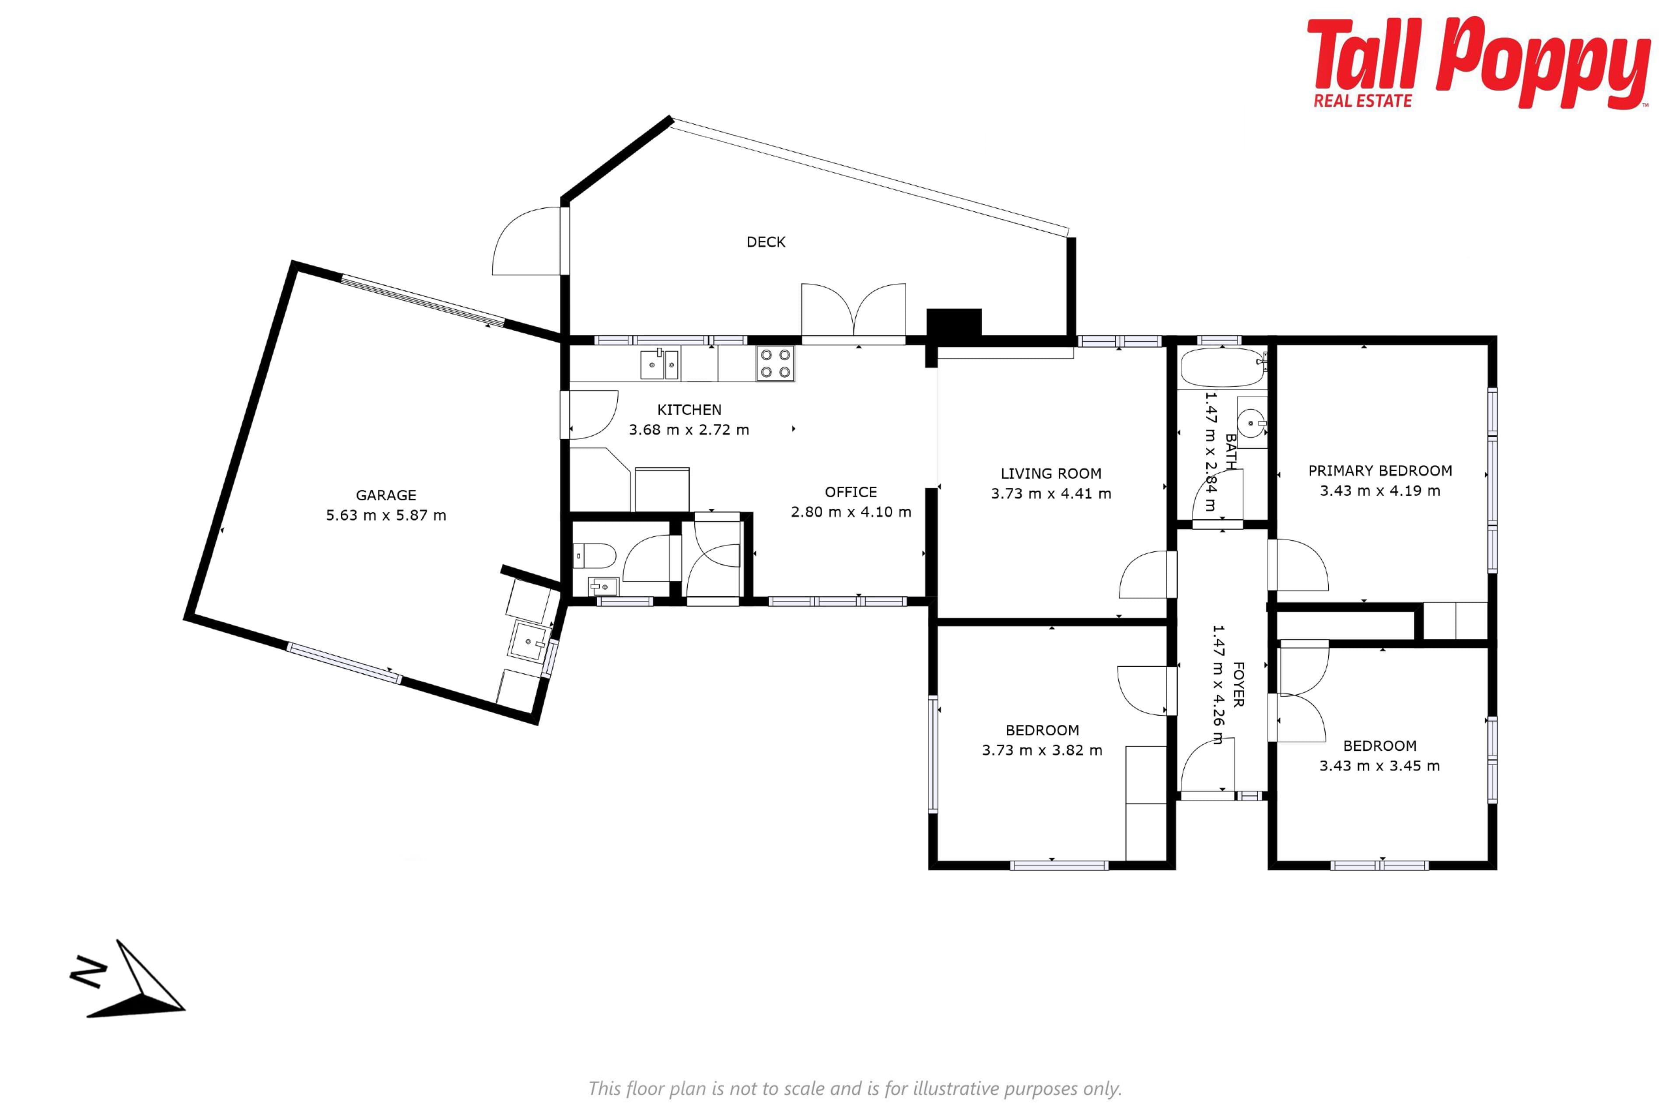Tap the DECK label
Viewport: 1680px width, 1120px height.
pos(766,242)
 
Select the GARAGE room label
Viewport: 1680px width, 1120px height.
pos(386,495)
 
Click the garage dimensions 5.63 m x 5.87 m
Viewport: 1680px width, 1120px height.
pos(386,515)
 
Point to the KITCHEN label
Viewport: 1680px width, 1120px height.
pos(689,409)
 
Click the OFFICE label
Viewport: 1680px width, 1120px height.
pos(850,492)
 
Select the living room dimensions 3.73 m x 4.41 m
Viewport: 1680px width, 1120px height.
pos(1051,493)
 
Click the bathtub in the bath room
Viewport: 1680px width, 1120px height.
pos(1222,367)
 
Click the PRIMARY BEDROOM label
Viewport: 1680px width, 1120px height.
pos(1380,471)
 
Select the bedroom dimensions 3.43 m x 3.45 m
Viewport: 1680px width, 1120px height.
pos(1379,766)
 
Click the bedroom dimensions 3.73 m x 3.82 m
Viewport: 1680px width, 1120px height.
pos(1042,750)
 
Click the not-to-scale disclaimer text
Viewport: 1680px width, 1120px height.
pos(855,1088)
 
